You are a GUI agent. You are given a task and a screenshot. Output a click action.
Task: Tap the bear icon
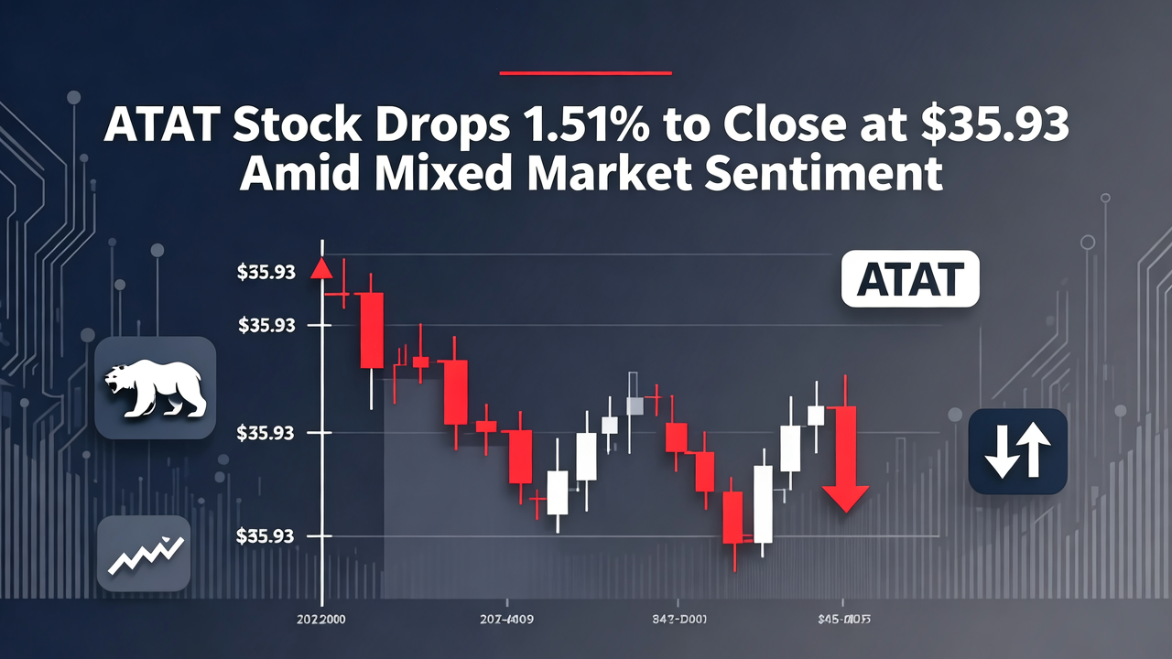[154, 388]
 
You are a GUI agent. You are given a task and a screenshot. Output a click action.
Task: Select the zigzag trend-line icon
[143, 553]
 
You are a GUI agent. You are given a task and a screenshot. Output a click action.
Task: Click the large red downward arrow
[844, 458]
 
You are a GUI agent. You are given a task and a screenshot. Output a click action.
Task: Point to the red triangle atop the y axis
[321, 270]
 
